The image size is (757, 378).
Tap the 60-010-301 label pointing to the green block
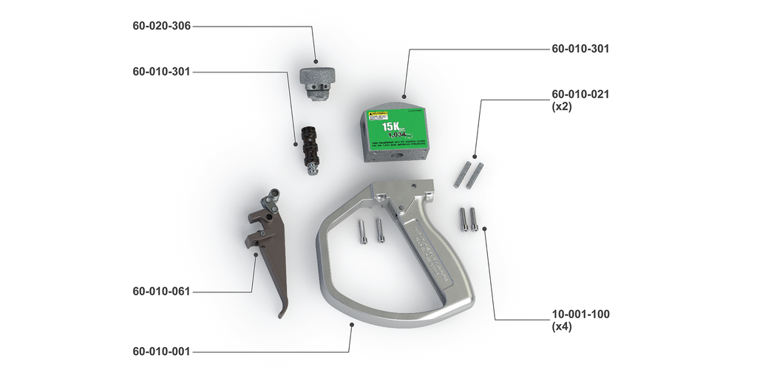click(x=580, y=49)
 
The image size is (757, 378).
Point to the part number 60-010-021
click(x=580, y=94)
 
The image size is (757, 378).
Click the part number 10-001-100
click(x=580, y=314)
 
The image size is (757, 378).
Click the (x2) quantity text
click(x=563, y=106)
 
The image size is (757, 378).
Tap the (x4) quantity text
click(x=563, y=326)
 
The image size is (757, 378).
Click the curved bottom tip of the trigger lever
click(x=282, y=314)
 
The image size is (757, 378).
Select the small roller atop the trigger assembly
click(x=276, y=193)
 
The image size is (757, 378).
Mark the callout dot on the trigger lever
click(x=255, y=255)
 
